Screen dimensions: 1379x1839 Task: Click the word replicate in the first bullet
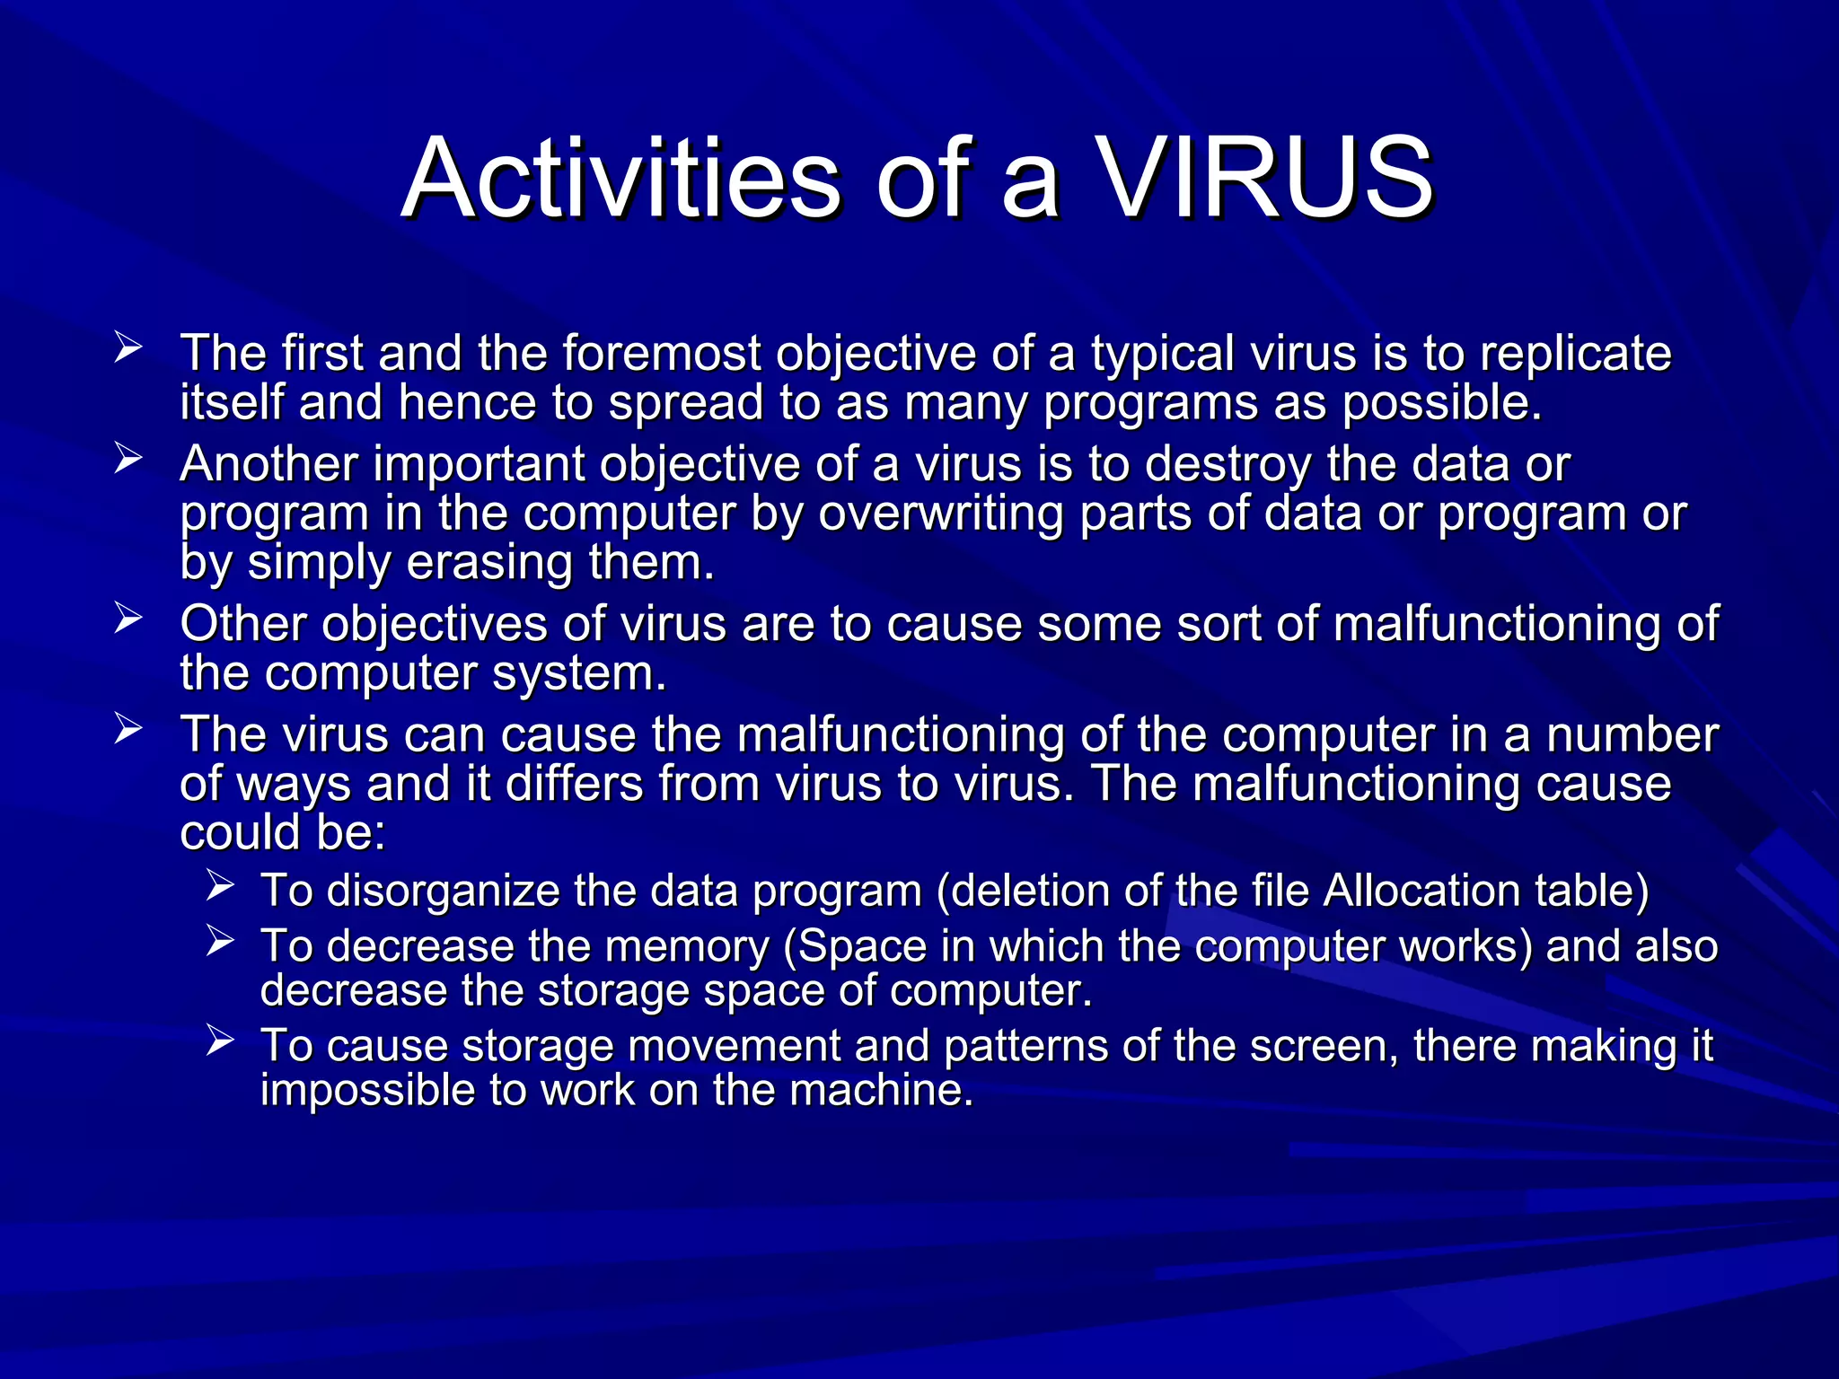tap(1575, 354)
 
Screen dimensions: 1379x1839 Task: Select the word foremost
tap(662, 353)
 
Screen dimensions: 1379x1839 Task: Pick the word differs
tap(575, 783)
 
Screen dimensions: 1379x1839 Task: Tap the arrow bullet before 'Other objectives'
tap(128, 619)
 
